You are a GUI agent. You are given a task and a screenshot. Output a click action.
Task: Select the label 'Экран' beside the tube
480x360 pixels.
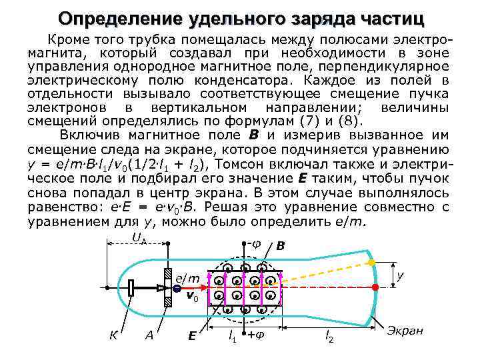coord(406,331)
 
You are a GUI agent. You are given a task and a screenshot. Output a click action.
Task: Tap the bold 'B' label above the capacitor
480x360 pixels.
coord(281,247)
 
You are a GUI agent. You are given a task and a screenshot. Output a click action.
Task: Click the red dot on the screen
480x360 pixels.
coord(375,287)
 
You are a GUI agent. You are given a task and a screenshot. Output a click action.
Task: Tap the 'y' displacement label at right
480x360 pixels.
coord(401,274)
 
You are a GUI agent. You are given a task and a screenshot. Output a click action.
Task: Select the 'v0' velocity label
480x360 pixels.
coord(191,295)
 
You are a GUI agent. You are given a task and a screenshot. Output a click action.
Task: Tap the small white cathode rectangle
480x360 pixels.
coord(131,288)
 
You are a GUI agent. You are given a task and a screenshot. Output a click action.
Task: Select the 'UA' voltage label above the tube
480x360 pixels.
coord(138,238)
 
